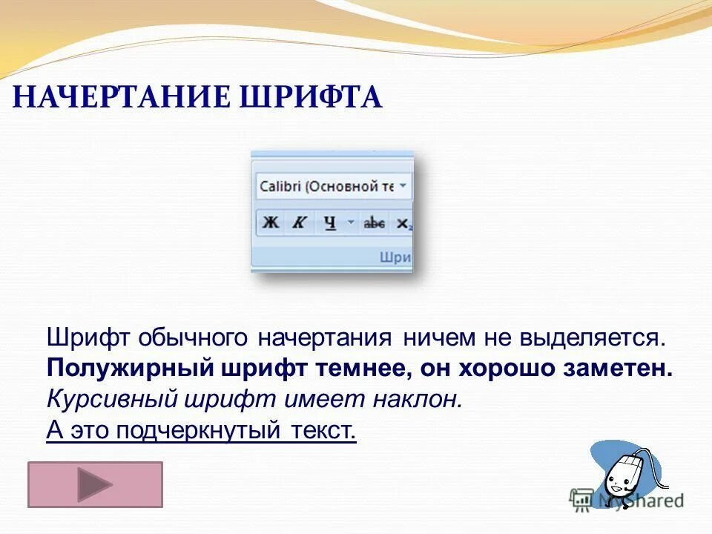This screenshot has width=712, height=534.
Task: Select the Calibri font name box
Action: (x=325, y=187)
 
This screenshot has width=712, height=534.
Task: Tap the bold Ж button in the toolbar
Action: (x=271, y=222)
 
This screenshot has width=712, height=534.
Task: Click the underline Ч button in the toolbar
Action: (x=329, y=222)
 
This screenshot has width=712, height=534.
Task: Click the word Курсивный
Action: (x=99, y=400)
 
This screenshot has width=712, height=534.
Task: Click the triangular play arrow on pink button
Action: (x=94, y=485)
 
